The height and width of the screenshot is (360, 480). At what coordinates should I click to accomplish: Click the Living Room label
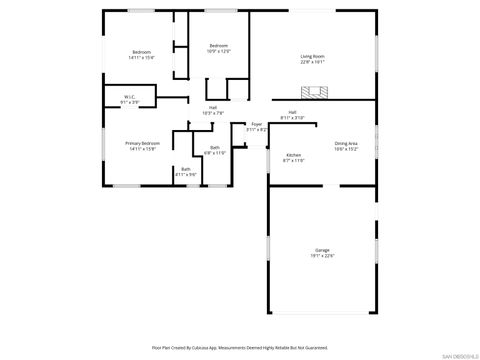(x=313, y=56)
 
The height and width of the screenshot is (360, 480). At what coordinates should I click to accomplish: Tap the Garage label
(x=323, y=250)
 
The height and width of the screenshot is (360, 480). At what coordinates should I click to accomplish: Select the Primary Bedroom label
(x=140, y=143)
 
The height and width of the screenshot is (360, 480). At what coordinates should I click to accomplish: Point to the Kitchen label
(x=294, y=155)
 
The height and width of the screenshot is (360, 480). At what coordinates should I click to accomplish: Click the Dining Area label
(x=347, y=143)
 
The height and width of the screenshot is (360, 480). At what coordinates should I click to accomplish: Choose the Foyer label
(x=257, y=124)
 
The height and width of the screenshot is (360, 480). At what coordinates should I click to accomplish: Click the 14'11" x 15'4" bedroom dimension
(x=141, y=58)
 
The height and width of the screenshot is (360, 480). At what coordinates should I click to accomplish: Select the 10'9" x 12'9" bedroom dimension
(x=219, y=51)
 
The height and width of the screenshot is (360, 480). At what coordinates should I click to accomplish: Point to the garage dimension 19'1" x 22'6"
(x=323, y=256)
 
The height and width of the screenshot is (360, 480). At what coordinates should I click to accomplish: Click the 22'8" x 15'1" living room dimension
(x=313, y=62)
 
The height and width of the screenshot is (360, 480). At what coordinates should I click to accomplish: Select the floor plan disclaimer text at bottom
(x=239, y=347)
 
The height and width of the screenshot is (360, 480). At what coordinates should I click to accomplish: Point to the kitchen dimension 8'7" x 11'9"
(x=294, y=161)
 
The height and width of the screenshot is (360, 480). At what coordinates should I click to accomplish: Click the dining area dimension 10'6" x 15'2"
(x=347, y=149)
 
